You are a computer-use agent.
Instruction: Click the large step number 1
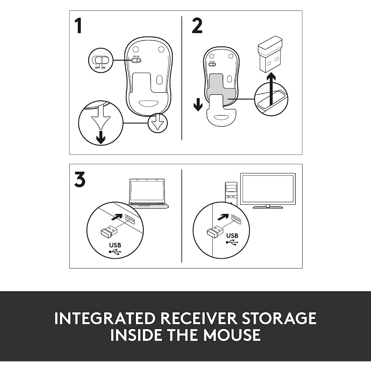click(x=78, y=26)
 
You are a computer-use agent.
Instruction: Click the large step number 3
click(x=79, y=179)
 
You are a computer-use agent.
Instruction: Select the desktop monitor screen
click(x=268, y=189)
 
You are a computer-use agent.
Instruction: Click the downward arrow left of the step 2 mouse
click(x=198, y=104)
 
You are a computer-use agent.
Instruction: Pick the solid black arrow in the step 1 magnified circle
click(x=101, y=137)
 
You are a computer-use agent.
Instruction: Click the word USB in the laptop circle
click(x=115, y=245)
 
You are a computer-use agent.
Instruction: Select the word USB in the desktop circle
click(x=232, y=235)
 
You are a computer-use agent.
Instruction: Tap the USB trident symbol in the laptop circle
click(x=115, y=252)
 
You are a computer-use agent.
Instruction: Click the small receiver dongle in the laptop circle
click(x=109, y=231)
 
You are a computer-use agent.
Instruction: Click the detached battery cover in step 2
click(x=221, y=110)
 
